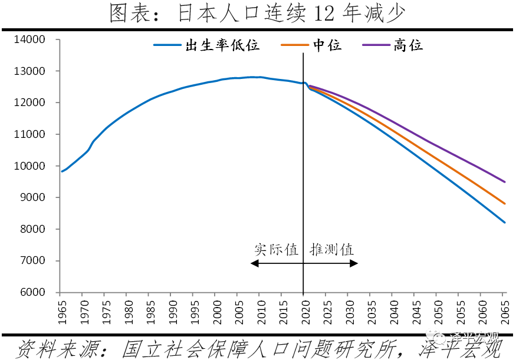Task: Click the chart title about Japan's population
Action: pyautogui.click(x=258, y=13)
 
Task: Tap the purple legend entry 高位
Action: pyautogui.click(x=409, y=45)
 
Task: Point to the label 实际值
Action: pyautogui.click(x=276, y=249)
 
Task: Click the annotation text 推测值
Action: pyautogui.click(x=332, y=249)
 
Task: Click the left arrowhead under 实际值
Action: pyautogui.click(x=254, y=263)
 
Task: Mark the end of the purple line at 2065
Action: pyautogui.click(x=504, y=181)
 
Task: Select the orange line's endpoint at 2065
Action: pyautogui.click(x=504, y=203)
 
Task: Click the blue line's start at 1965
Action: pyautogui.click(x=61, y=171)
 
